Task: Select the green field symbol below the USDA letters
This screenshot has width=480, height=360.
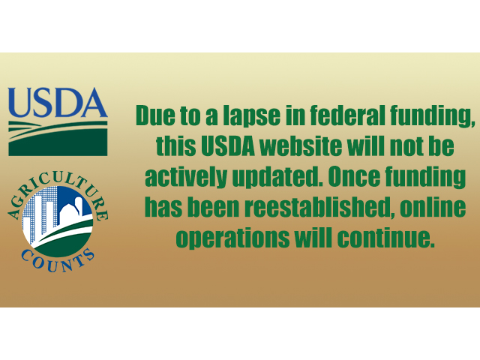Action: (x=58, y=136)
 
